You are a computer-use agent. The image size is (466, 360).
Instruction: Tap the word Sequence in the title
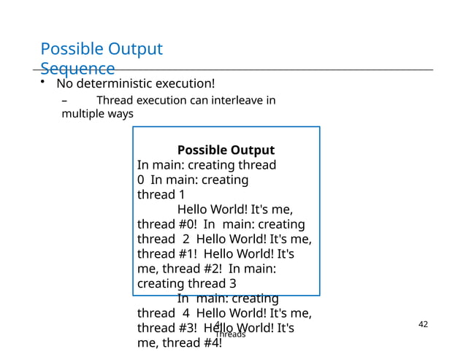77,69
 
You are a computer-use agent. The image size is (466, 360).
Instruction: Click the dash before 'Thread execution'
64,100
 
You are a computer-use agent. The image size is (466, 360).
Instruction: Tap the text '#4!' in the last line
208,342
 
